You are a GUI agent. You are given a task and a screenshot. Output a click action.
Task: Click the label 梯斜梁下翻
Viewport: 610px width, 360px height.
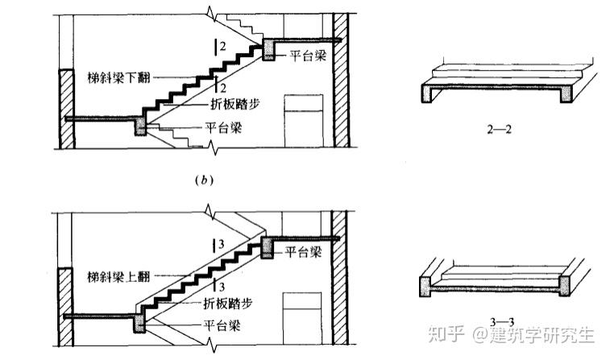pyautogui.click(x=119, y=78)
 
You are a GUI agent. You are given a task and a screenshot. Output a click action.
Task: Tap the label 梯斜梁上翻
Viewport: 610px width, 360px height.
pyautogui.click(x=118, y=277)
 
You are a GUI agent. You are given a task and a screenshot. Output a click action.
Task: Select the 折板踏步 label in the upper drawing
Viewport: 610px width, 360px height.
pyautogui.click(x=235, y=104)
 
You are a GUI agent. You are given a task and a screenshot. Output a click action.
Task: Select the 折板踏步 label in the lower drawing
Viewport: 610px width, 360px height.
pyautogui.click(x=228, y=303)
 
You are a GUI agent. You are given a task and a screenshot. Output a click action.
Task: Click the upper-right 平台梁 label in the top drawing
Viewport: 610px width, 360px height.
pyautogui.click(x=307, y=56)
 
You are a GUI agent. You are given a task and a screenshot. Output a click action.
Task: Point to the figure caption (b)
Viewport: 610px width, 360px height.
pyautogui.click(x=204, y=180)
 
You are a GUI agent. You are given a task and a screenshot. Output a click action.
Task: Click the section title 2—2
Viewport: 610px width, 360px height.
pyautogui.click(x=499, y=130)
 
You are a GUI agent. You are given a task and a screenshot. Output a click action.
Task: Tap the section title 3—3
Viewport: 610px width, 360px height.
pyautogui.click(x=502, y=321)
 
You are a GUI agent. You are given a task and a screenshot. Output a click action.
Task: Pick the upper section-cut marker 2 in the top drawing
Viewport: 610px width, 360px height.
pyautogui.click(x=220, y=47)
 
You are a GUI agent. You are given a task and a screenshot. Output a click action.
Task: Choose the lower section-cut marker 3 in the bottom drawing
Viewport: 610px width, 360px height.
pyautogui.click(x=219, y=287)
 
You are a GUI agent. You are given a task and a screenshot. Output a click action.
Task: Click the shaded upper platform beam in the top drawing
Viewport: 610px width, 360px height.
pyautogui.click(x=268, y=49)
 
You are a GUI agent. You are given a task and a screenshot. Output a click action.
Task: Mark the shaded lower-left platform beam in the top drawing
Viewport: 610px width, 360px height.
pyautogui.click(x=140, y=126)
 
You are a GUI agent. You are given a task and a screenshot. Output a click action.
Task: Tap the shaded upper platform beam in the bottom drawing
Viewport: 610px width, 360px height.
pyautogui.click(x=268, y=247)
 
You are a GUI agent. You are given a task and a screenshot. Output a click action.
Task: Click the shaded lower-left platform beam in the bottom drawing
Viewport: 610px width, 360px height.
pyautogui.click(x=139, y=324)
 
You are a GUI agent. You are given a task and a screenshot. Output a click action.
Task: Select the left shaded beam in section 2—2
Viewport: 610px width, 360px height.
pyautogui.click(x=428, y=93)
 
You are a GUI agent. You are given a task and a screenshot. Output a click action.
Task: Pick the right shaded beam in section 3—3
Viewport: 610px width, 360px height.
pyautogui.click(x=565, y=286)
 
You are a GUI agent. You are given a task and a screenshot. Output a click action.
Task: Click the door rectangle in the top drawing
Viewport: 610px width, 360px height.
pyautogui.click(x=304, y=121)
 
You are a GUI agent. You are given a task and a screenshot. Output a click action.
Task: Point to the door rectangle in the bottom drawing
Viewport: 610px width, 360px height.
pyautogui.click(x=302, y=319)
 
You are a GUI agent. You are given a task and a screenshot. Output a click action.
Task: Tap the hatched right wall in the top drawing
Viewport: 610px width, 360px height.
pyautogui.click(x=341, y=80)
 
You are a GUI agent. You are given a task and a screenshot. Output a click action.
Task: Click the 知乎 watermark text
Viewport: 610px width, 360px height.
pyautogui.click(x=446, y=334)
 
